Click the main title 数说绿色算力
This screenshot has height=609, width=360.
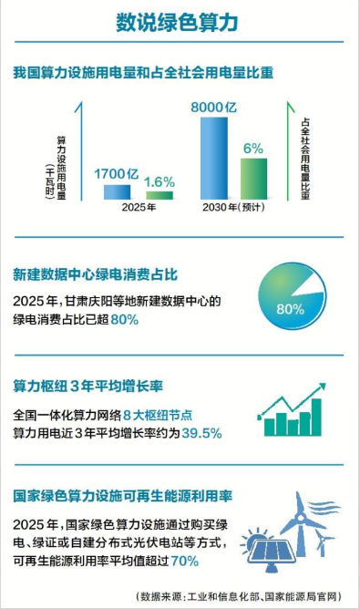[177, 23]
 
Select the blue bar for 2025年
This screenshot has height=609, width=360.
[117, 192]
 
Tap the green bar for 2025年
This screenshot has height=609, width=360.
[159, 195]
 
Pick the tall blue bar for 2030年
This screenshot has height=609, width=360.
[214, 158]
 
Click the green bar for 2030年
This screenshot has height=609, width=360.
[253, 179]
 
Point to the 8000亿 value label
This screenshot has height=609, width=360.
[213, 107]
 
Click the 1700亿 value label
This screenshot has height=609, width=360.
[116, 173]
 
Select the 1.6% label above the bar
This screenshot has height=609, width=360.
[159, 181]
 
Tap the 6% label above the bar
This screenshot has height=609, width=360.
[253, 149]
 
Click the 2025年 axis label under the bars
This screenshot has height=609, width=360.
[139, 207]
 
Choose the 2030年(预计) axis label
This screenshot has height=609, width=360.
[233, 207]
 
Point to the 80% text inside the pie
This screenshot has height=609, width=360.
[290, 309]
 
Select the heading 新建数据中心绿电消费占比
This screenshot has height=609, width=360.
[95, 274]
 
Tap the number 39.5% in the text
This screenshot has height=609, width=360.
[201, 433]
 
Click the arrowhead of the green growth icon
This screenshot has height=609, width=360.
[322, 387]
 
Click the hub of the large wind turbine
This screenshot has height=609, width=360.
[300, 517]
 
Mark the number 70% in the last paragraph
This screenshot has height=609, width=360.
[185, 561]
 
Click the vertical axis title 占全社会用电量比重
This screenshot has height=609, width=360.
[305, 159]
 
